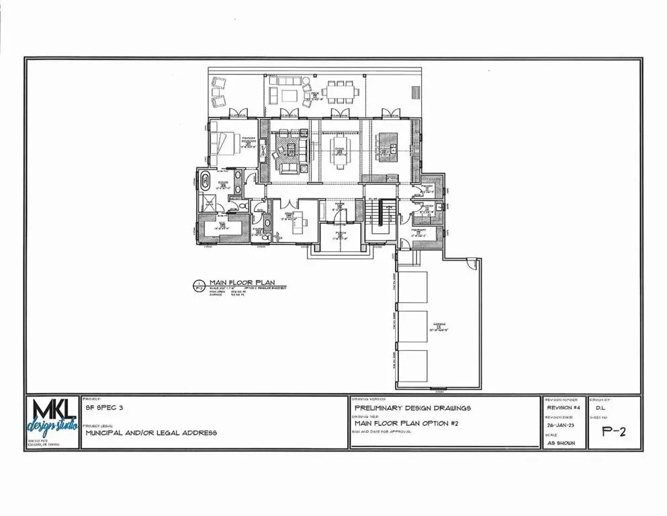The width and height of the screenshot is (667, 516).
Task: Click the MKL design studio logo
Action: point(52,421)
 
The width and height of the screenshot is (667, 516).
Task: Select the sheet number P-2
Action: point(614,432)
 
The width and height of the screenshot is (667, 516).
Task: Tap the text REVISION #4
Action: point(562,407)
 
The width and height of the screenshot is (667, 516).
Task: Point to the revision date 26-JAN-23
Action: point(560,425)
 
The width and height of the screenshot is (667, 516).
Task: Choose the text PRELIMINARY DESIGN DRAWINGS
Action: point(412,407)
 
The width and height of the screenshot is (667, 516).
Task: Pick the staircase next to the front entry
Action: point(380,216)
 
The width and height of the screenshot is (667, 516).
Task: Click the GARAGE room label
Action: point(439,327)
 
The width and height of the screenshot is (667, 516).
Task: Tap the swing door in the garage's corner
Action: point(472,263)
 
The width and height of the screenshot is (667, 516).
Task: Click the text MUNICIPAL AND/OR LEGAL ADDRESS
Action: point(151,433)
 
